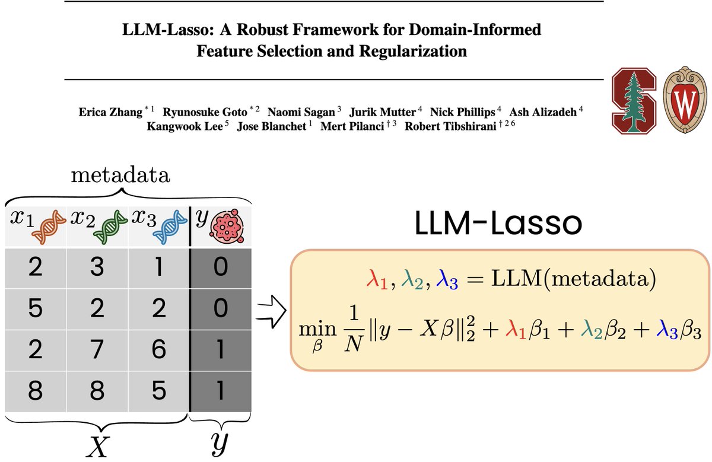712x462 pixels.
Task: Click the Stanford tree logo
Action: point(635,100)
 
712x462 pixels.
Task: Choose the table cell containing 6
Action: point(158,350)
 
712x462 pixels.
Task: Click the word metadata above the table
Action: point(120,176)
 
